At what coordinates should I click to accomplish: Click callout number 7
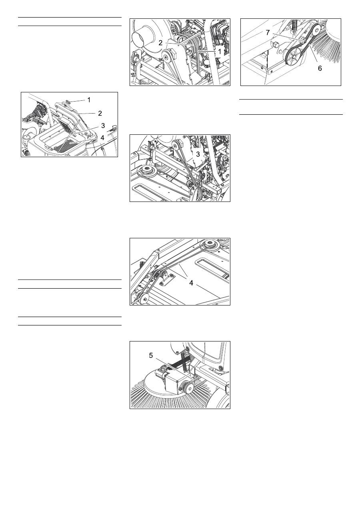tap(268, 33)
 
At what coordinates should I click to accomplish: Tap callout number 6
tap(320, 68)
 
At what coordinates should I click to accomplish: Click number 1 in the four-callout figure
tap(89, 100)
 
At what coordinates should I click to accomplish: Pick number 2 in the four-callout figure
tap(100, 113)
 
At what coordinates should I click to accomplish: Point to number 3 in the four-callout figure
tap(103, 126)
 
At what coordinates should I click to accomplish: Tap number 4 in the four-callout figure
tap(102, 138)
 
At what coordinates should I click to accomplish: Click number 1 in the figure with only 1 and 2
tap(220, 52)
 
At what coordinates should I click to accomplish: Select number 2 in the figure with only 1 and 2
tap(160, 43)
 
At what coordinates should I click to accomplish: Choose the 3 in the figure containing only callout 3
tap(198, 154)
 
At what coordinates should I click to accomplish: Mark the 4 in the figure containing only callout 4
tap(191, 283)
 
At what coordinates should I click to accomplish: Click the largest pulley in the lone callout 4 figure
tap(211, 245)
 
